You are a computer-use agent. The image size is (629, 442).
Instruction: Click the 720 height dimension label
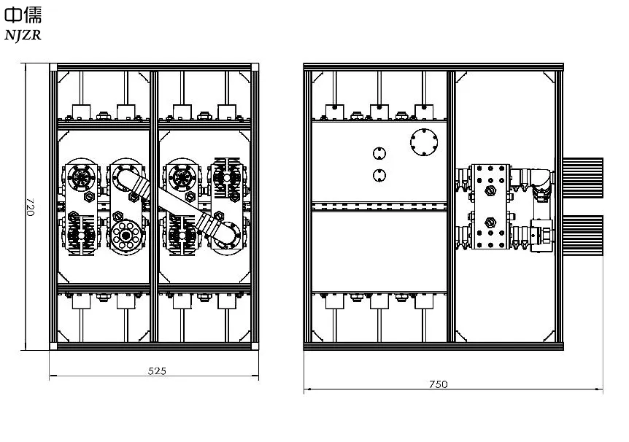(x=30, y=206)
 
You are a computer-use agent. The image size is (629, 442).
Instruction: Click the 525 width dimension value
(x=157, y=371)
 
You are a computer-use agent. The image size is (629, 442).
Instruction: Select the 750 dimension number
(x=439, y=384)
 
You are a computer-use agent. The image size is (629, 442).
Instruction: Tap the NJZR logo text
(x=23, y=35)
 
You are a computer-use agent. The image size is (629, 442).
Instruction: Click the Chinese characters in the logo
(x=23, y=15)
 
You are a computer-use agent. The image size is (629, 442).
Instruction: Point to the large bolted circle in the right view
(x=424, y=142)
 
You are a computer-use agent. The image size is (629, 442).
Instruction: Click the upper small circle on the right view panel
(x=379, y=153)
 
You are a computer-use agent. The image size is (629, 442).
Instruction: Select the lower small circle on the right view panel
(x=379, y=175)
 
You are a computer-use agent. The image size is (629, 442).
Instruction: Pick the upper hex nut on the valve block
(x=490, y=191)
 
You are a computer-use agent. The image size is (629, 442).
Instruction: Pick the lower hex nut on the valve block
(x=490, y=222)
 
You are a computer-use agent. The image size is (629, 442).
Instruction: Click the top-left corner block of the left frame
(x=53, y=67)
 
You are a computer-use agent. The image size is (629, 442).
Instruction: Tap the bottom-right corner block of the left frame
(x=255, y=346)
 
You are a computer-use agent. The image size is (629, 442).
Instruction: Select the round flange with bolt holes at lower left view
(x=126, y=235)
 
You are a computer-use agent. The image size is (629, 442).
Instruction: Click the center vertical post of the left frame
(x=154, y=206)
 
